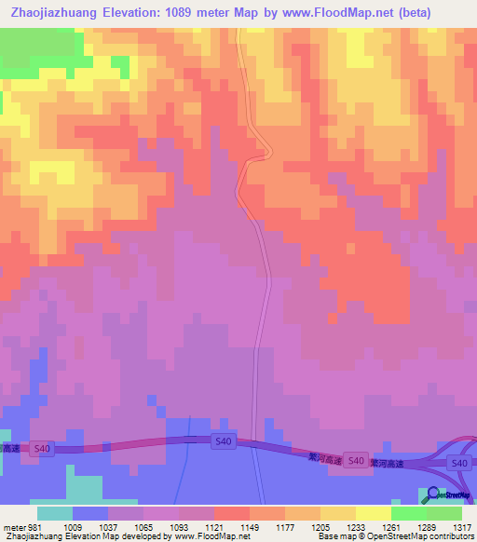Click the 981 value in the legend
[35, 526]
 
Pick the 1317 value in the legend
[462, 526]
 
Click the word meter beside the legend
[14, 526]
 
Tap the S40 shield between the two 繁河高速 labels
[353, 460]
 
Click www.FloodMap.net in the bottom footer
[211, 536]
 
